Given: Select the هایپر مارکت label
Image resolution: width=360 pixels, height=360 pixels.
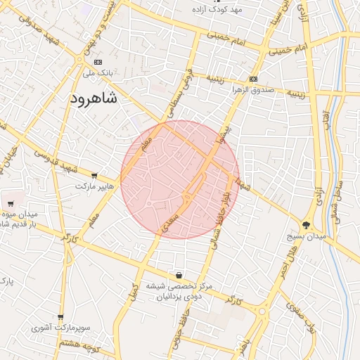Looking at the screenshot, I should (94, 187).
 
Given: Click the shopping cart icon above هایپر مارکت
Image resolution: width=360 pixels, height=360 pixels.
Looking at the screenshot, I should (94, 176).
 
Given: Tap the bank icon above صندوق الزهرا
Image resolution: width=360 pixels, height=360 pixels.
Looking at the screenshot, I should (253, 79).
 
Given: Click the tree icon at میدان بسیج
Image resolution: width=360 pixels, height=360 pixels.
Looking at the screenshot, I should (307, 225).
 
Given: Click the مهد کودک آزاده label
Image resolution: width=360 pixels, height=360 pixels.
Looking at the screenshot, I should (219, 9).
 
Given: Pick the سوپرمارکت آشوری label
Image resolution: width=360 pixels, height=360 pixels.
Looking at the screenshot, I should (59, 328).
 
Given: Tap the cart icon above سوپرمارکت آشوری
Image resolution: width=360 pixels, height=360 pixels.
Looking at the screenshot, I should (60, 318).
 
